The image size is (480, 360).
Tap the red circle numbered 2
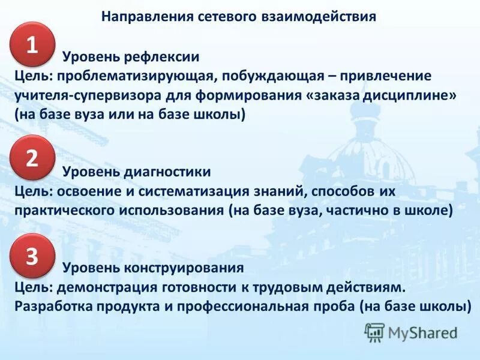click(x=32, y=158)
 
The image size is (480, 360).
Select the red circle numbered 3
click(x=32, y=256)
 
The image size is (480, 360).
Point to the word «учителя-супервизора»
click(x=88, y=95)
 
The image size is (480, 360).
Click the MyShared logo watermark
click(x=411, y=331)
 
